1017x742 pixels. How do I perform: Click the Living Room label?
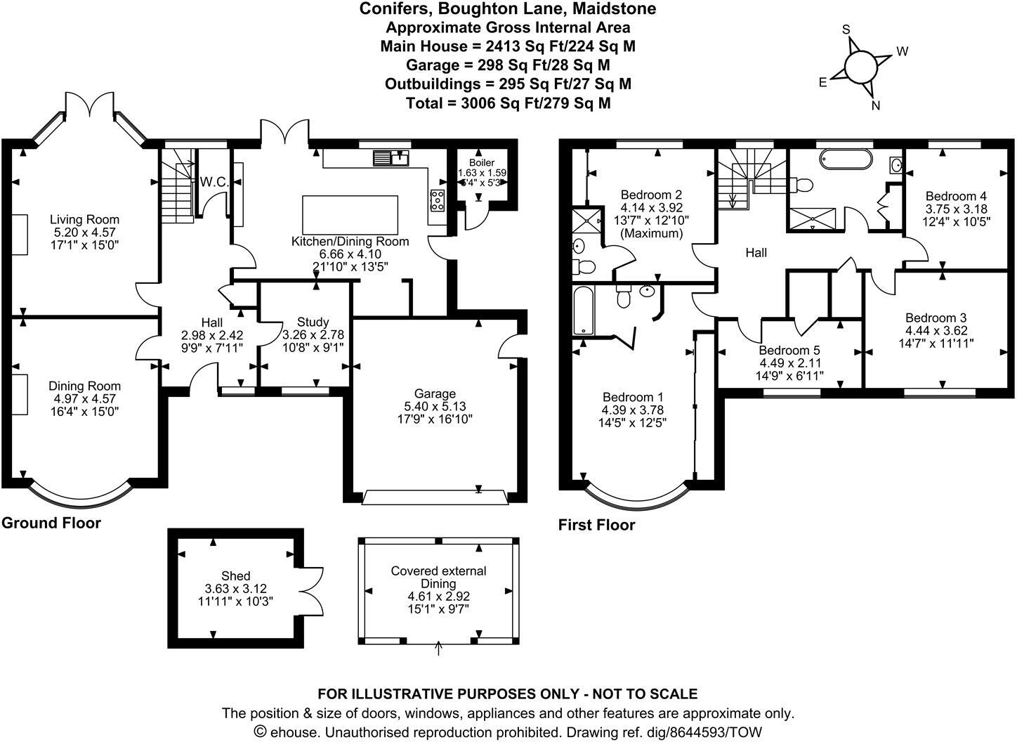84,220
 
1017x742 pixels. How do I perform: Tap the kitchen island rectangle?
350,215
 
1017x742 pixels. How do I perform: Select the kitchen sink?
391,158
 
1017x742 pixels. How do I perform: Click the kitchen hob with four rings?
438,200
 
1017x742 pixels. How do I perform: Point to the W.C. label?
214,182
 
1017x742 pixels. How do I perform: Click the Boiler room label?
482,162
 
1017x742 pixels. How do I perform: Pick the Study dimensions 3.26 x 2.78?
313,334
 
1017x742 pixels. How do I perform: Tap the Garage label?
435,393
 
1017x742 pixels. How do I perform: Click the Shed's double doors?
311,591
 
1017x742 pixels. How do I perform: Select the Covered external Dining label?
438,577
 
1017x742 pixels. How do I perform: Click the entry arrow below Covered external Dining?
438,648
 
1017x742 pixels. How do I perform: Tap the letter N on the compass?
875,105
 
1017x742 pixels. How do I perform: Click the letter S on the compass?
846,30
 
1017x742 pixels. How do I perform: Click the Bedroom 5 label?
789,351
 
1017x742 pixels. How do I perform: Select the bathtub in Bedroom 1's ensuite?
583,311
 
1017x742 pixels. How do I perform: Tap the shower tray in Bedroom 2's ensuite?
587,220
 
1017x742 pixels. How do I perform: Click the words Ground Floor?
51,523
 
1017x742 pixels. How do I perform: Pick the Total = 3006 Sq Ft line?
508,103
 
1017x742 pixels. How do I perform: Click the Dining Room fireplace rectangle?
20,394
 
